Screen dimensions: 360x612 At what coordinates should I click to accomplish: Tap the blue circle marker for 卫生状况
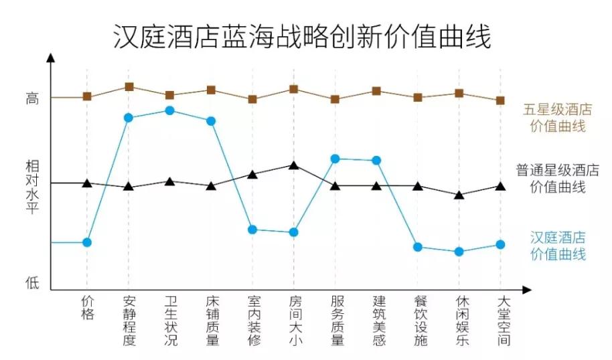[169, 110]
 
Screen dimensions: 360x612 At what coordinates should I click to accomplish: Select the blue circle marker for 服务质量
[335, 159]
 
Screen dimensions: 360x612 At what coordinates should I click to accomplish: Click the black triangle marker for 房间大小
[293, 165]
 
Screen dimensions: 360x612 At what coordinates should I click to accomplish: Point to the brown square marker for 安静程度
[129, 87]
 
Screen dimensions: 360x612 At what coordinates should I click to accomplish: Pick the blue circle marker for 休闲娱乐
[459, 252]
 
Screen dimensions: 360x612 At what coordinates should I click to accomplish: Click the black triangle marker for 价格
[87, 183]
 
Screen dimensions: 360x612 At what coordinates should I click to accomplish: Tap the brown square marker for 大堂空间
[500, 100]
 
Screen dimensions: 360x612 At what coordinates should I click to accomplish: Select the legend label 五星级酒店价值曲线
[557, 117]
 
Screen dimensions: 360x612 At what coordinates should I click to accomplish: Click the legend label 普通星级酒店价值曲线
[557, 178]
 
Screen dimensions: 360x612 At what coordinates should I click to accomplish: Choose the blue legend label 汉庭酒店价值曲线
[557, 246]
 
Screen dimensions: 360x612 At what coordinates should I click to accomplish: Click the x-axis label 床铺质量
[211, 321]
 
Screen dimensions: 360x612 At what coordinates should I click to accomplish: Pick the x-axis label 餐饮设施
[418, 321]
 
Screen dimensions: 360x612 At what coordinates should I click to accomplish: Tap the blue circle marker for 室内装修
[252, 230]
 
